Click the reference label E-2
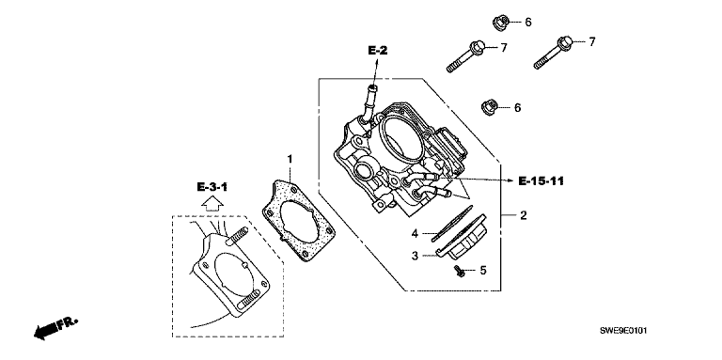tap(378, 51)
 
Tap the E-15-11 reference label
tap(541, 180)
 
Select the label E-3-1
tap(212, 187)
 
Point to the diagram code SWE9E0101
tap(623, 331)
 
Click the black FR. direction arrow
tap(55, 328)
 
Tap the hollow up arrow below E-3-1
tap(212, 202)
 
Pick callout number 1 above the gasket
tap(290, 159)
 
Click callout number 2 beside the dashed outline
tap(524, 215)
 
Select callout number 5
tap(483, 270)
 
